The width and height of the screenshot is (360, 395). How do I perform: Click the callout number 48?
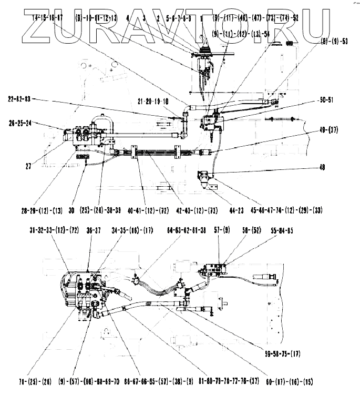(322, 168)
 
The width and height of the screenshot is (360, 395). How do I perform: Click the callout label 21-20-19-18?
(153, 101)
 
